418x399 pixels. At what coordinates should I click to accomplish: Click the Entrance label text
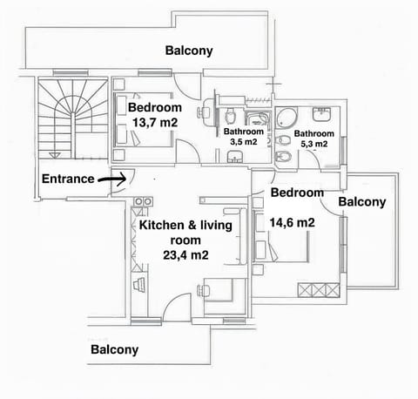point(68,179)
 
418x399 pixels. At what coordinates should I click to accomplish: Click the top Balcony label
point(188,51)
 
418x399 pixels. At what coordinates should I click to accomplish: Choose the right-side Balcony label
point(361,201)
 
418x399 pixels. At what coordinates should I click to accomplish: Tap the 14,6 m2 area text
point(292,223)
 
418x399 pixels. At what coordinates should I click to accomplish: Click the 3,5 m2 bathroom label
point(243,140)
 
